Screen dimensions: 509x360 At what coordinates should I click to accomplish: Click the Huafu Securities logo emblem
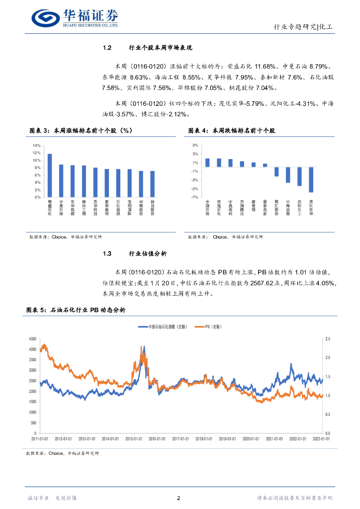46,18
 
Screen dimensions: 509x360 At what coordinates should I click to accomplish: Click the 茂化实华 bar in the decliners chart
311,179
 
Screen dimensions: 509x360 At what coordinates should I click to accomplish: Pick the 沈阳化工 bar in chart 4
299,176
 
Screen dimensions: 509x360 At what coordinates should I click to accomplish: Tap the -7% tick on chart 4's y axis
195,197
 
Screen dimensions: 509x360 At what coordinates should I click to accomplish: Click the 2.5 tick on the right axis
327,339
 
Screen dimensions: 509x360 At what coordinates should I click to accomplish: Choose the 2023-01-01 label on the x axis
320,439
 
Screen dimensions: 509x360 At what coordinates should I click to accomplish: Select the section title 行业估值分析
147,254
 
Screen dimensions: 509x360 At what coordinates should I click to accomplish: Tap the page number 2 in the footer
179,498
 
